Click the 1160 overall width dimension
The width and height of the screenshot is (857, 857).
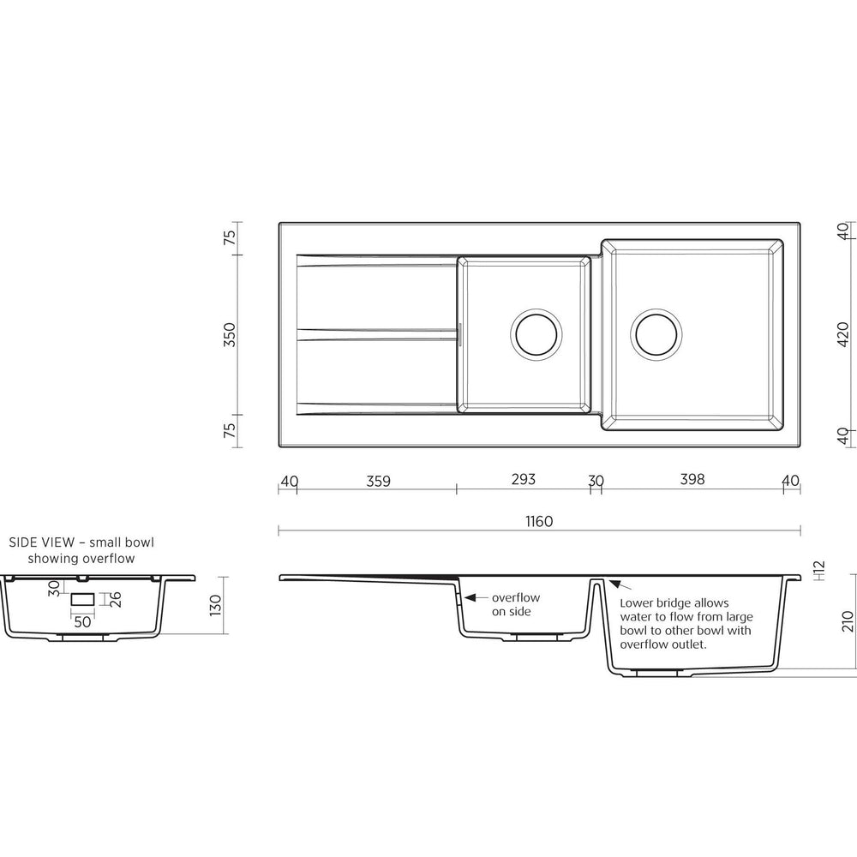(539, 521)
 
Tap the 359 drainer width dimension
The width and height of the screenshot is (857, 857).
(378, 481)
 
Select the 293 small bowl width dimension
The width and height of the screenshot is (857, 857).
(523, 479)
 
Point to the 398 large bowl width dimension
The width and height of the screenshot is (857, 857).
(692, 479)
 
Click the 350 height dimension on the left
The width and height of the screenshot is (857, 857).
(230, 334)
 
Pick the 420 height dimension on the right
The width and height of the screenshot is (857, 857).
(842, 334)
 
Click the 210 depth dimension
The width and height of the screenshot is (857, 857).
(848, 621)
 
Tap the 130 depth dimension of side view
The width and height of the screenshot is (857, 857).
(215, 605)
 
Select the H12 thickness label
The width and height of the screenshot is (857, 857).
(818, 571)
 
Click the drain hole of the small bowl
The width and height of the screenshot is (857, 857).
(536, 334)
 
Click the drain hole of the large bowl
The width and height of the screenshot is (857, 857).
(656, 334)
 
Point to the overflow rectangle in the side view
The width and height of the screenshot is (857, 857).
(82, 600)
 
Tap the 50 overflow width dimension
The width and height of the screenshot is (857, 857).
(82, 622)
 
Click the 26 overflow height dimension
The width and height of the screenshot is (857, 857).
(116, 600)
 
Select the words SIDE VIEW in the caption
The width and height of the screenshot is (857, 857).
(41, 542)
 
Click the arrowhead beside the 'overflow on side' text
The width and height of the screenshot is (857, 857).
(470, 598)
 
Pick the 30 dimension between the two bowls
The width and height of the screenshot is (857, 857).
(596, 481)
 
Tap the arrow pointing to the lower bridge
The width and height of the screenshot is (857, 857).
(620, 585)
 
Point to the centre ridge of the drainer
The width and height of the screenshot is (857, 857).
(377, 334)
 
